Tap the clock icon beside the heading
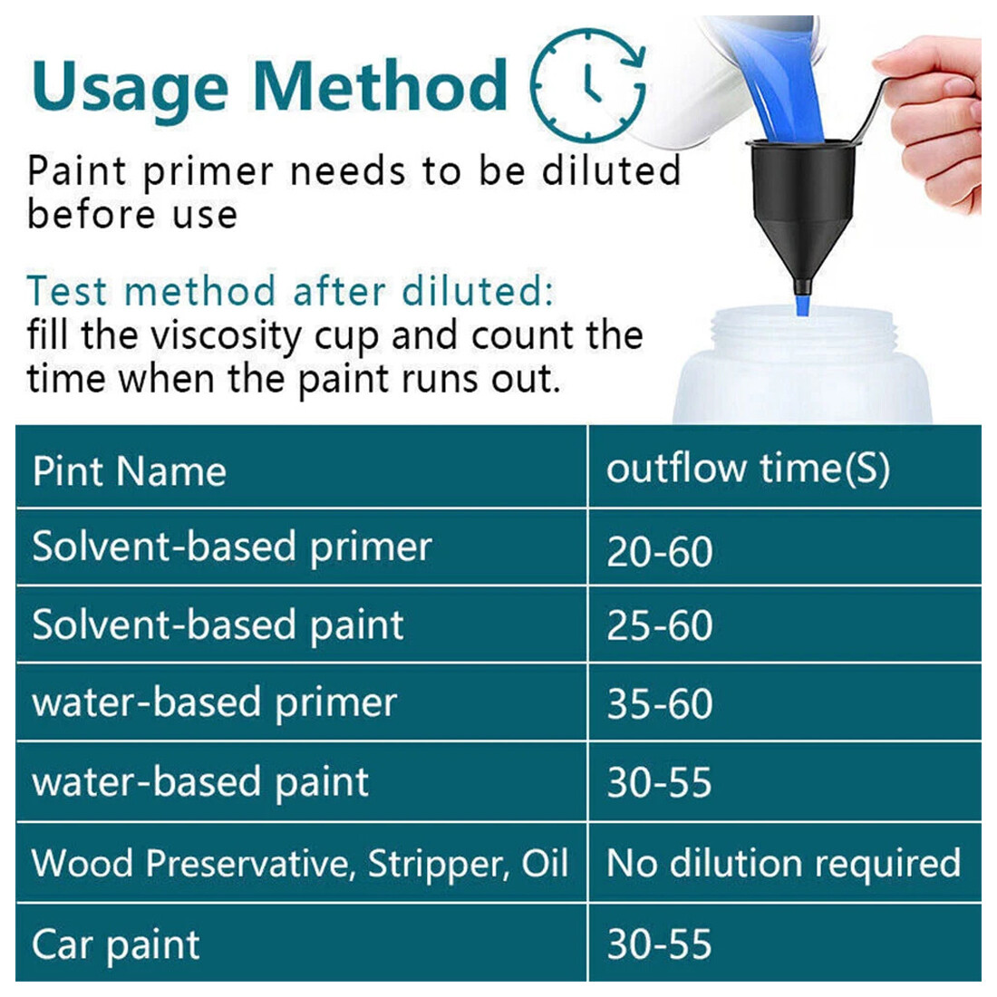588,84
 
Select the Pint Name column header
129,471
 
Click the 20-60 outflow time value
659,551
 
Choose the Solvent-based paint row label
218,625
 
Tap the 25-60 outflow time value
659,625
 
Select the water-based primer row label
214,703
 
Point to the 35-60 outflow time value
659,704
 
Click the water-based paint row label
200,782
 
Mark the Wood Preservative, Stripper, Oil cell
299,864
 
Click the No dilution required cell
783,864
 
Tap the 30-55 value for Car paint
659,944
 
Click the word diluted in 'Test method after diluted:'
478,291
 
